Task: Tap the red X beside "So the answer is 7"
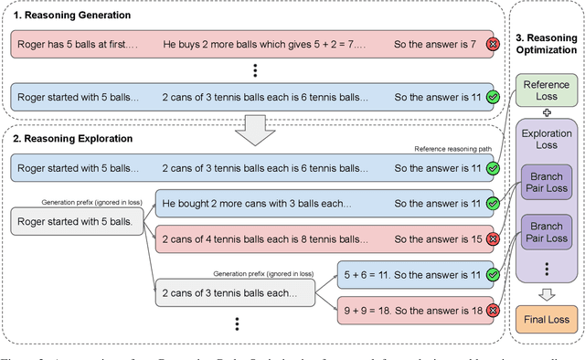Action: (492, 44)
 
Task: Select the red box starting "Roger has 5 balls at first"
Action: (247, 44)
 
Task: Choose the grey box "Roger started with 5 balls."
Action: (77, 219)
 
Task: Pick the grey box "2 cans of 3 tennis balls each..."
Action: (236, 291)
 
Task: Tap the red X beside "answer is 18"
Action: (492, 310)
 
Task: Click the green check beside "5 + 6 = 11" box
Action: (492, 273)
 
